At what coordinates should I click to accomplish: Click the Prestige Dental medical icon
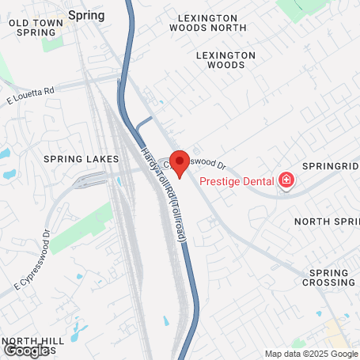pos(286,181)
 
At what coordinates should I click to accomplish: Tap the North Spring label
pos(327,222)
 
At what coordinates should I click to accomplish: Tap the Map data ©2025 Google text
pos(311,354)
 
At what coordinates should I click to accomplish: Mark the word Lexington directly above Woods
pos(228,55)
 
